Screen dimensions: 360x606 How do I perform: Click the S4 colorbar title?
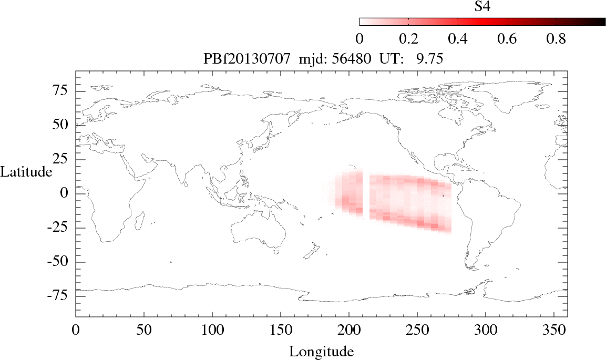[482, 6]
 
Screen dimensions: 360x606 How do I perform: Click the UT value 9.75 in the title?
[429, 59]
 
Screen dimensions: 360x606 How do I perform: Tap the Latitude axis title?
[26, 171]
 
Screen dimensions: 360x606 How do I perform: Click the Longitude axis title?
[321, 351]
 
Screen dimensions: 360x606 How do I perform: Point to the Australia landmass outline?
[258, 231]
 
